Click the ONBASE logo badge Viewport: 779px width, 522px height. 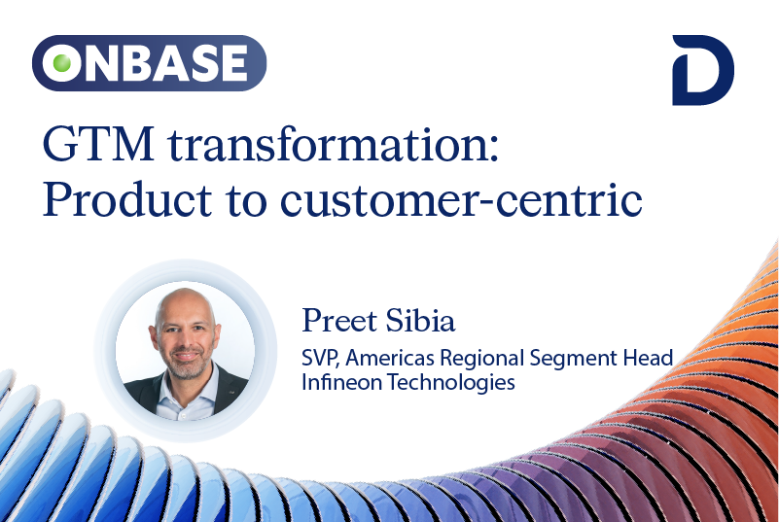[149, 63]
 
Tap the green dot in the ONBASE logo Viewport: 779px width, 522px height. [62, 63]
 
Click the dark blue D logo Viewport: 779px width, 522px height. [703, 70]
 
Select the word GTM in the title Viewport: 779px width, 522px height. [98, 145]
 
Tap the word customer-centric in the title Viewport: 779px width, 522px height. [462, 200]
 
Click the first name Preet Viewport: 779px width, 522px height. [339, 321]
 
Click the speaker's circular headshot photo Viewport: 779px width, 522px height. [186, 350]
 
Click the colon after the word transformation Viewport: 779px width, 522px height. [493, 150]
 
